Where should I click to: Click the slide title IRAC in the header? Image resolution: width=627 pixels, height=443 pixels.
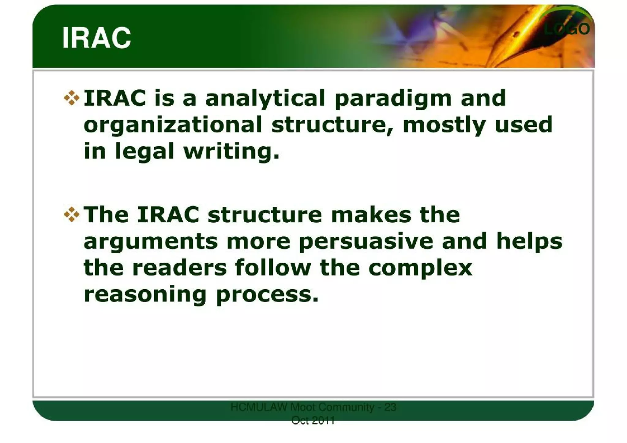pyautogui.click(x=97, y=38)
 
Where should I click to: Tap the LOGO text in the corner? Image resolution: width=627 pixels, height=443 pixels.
pyautogui.click(x=566, y=29)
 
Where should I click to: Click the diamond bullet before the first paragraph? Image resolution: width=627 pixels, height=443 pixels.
pyautogui.click(x=72, y=98)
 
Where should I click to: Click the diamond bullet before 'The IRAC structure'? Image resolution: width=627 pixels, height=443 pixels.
pyautogui.click(x=72, y=214)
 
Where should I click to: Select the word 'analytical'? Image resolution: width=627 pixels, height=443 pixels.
pyautogui.click(x=265, y=99)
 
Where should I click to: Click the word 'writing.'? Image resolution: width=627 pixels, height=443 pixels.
pyautogui.click(x=232, y=151)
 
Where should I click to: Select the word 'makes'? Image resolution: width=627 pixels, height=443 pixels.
pyautogui.click(x=371, y=215)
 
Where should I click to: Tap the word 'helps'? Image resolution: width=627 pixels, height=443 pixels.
pyautogui.click(x=529, y=241)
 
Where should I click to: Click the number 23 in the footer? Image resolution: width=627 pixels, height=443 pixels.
pyautogui.click(x=390, y=407)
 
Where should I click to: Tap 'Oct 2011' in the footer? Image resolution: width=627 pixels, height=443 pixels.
pyautogui.click(x=313, y=421)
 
